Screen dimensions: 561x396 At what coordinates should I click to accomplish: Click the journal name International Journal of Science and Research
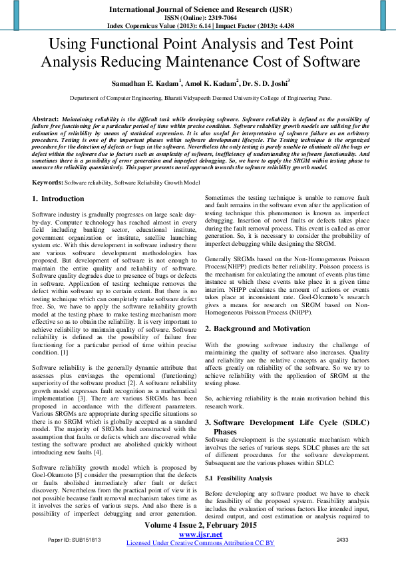(x=197, y=9)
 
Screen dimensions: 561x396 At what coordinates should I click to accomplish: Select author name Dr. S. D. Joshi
(x=266, y=85)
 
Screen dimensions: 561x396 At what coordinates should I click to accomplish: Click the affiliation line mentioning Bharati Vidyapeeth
(x=200, y=97)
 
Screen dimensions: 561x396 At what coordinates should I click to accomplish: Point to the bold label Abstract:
(x=45, y=118)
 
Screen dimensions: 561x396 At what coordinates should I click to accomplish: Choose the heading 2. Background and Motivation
(x=257, y=328)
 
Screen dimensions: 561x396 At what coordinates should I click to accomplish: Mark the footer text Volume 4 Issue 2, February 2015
(x=200, y=526)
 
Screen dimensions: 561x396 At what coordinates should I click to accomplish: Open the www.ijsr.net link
(x=200, y=535)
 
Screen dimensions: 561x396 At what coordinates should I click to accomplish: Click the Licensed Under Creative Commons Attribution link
(x=200, y=543)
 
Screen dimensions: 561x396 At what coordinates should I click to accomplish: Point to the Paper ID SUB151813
(x=74, y=539)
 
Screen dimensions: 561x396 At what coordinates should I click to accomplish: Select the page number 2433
(x=342, y=539)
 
